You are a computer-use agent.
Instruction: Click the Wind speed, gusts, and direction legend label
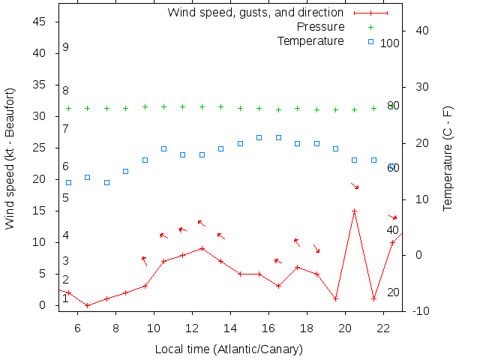pyautogui.click(x=255, y=13)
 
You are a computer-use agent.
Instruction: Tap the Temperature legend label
pyautogui.click(x=310, y=40)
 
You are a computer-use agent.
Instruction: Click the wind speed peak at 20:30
pyautogui.click(x=354, y=211)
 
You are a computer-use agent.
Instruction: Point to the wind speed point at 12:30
pyautogui.click(x=202, y=248)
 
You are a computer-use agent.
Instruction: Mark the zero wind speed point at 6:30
pyautogui.click(x=87, y=305)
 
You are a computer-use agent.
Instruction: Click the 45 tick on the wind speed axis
pyautogui.click(x=40, y=22)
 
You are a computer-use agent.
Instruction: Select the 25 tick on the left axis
pyautogui.click(x=40, y=148)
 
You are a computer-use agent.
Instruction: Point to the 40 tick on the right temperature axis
pyautogui.click(x=421, y=31)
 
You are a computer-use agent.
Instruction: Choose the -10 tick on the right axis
pyautogui.click(x=420, y=310)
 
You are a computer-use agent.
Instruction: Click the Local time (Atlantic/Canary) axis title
pyautogui.click(x=229, y=349)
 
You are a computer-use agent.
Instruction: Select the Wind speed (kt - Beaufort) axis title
pyautogui.click(x=10, y=158)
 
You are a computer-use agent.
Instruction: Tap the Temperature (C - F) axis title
pyautogui.click(x=448, y=158)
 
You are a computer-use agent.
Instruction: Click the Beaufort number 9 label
pyautogui.click(x=66, y=47)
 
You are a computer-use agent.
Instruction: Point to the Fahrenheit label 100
pyautogui.click(x=389, y=43)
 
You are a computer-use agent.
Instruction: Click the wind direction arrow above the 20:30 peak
pyautogui.click(x=355, y=185)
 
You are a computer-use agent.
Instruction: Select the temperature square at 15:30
pyautogui.click(x=259, y=137)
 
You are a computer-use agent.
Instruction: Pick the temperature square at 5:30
pyautogui.click(x=68, y=182)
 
